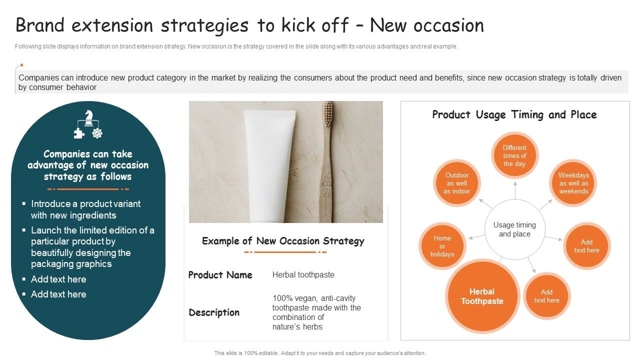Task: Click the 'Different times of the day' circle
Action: (x=514, y=156)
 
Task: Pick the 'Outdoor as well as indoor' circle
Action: (x=457, y=183)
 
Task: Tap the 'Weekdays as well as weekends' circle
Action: (x=573, y=183)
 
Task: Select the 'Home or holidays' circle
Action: (x=442, y=246)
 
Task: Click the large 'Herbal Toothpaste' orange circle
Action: (x=482, y=296)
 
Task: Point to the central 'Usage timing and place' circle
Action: (x=514, y=229)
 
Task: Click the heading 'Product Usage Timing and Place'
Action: (x=514, y=114)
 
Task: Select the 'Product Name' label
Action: (x=220, y=275)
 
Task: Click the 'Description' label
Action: (x=214, y=312)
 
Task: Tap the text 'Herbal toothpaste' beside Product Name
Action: (x=303, y=275)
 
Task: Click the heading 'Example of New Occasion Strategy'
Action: (x=283, y=241)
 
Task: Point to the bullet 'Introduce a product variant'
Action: (x=85, y=209)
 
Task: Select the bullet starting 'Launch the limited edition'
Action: (x=92, y=247)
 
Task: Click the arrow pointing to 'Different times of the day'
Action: (x=514, y=190)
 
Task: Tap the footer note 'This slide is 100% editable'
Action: (x=320, y=353)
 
